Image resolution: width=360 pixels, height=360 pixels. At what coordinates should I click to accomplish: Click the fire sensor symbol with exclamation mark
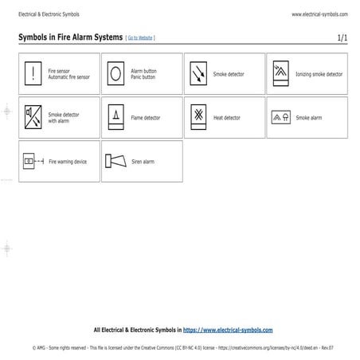coord(33,73)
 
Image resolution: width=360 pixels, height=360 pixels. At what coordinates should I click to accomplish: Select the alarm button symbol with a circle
coord(115,73)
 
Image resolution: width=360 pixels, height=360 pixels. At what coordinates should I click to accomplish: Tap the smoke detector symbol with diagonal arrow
coord(198,74)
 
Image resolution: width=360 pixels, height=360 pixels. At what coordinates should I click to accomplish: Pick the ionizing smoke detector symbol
coord(280,73)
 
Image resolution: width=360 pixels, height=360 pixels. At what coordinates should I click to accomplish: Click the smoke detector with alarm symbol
coord(33,117)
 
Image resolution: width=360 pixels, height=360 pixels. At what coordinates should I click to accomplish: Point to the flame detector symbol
coord(115,117)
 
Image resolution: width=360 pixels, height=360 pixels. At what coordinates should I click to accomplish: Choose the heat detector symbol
coord(198,117)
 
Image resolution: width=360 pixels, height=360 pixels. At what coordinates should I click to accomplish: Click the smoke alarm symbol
coord(280,117)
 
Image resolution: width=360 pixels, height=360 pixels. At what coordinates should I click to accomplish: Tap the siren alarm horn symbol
coord(115,161)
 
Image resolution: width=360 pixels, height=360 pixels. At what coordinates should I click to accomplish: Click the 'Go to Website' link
coord(140,38)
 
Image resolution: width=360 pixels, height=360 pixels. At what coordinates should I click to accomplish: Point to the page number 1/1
coord(342,37)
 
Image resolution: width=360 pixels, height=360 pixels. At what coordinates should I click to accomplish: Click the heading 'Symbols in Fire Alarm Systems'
coord(70,37)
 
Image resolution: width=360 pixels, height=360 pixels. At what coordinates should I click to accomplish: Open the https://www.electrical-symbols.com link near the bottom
coord(228,329)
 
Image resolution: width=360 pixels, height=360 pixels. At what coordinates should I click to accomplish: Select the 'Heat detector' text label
coord(226,118)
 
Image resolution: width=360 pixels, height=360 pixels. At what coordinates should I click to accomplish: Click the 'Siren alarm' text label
coord(143,162)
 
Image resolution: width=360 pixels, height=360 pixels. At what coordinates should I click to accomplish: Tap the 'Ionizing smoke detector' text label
coord(319,74)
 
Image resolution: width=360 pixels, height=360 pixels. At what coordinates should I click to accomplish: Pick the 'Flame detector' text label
coord(145,118)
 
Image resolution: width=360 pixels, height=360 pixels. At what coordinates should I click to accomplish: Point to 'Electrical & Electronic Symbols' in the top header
coord(49,14)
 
